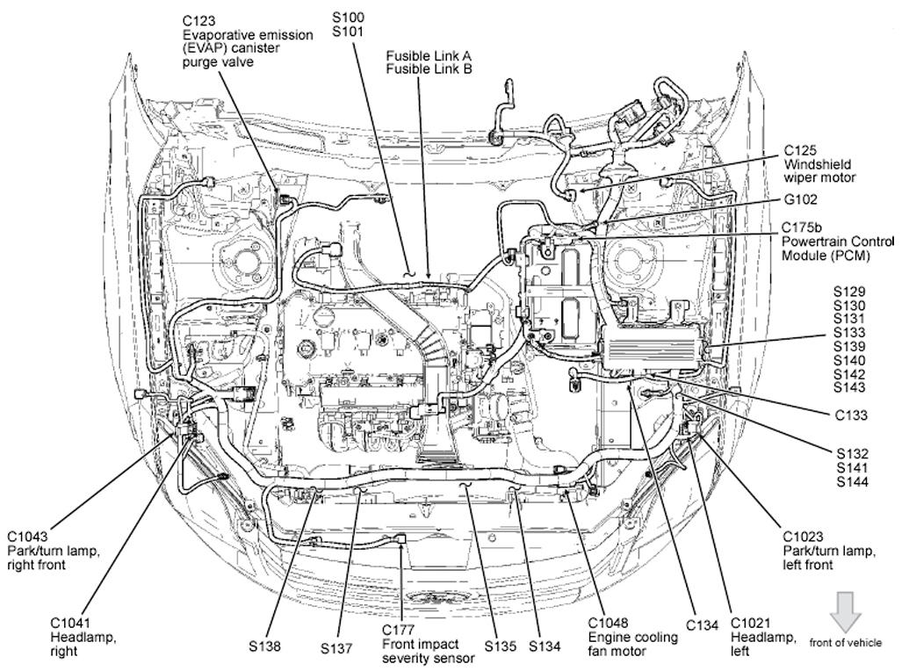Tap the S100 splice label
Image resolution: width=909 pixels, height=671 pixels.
[349, 17]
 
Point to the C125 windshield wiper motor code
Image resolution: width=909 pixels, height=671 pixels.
[800, 150]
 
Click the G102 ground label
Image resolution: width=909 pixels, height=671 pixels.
[800, 200]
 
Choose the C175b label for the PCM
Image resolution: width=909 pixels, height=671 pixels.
[803, 227]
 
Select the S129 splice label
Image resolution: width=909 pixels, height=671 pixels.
[849, 292]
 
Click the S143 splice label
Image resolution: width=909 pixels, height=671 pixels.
[849, 387]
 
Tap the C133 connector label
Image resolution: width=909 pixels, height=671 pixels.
[851, 414]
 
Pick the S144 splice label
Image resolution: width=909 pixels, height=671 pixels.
[852, 481]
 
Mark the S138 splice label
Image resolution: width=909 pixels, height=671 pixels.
[264, 646]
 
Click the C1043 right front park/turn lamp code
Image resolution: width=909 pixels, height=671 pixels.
[28, 537]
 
